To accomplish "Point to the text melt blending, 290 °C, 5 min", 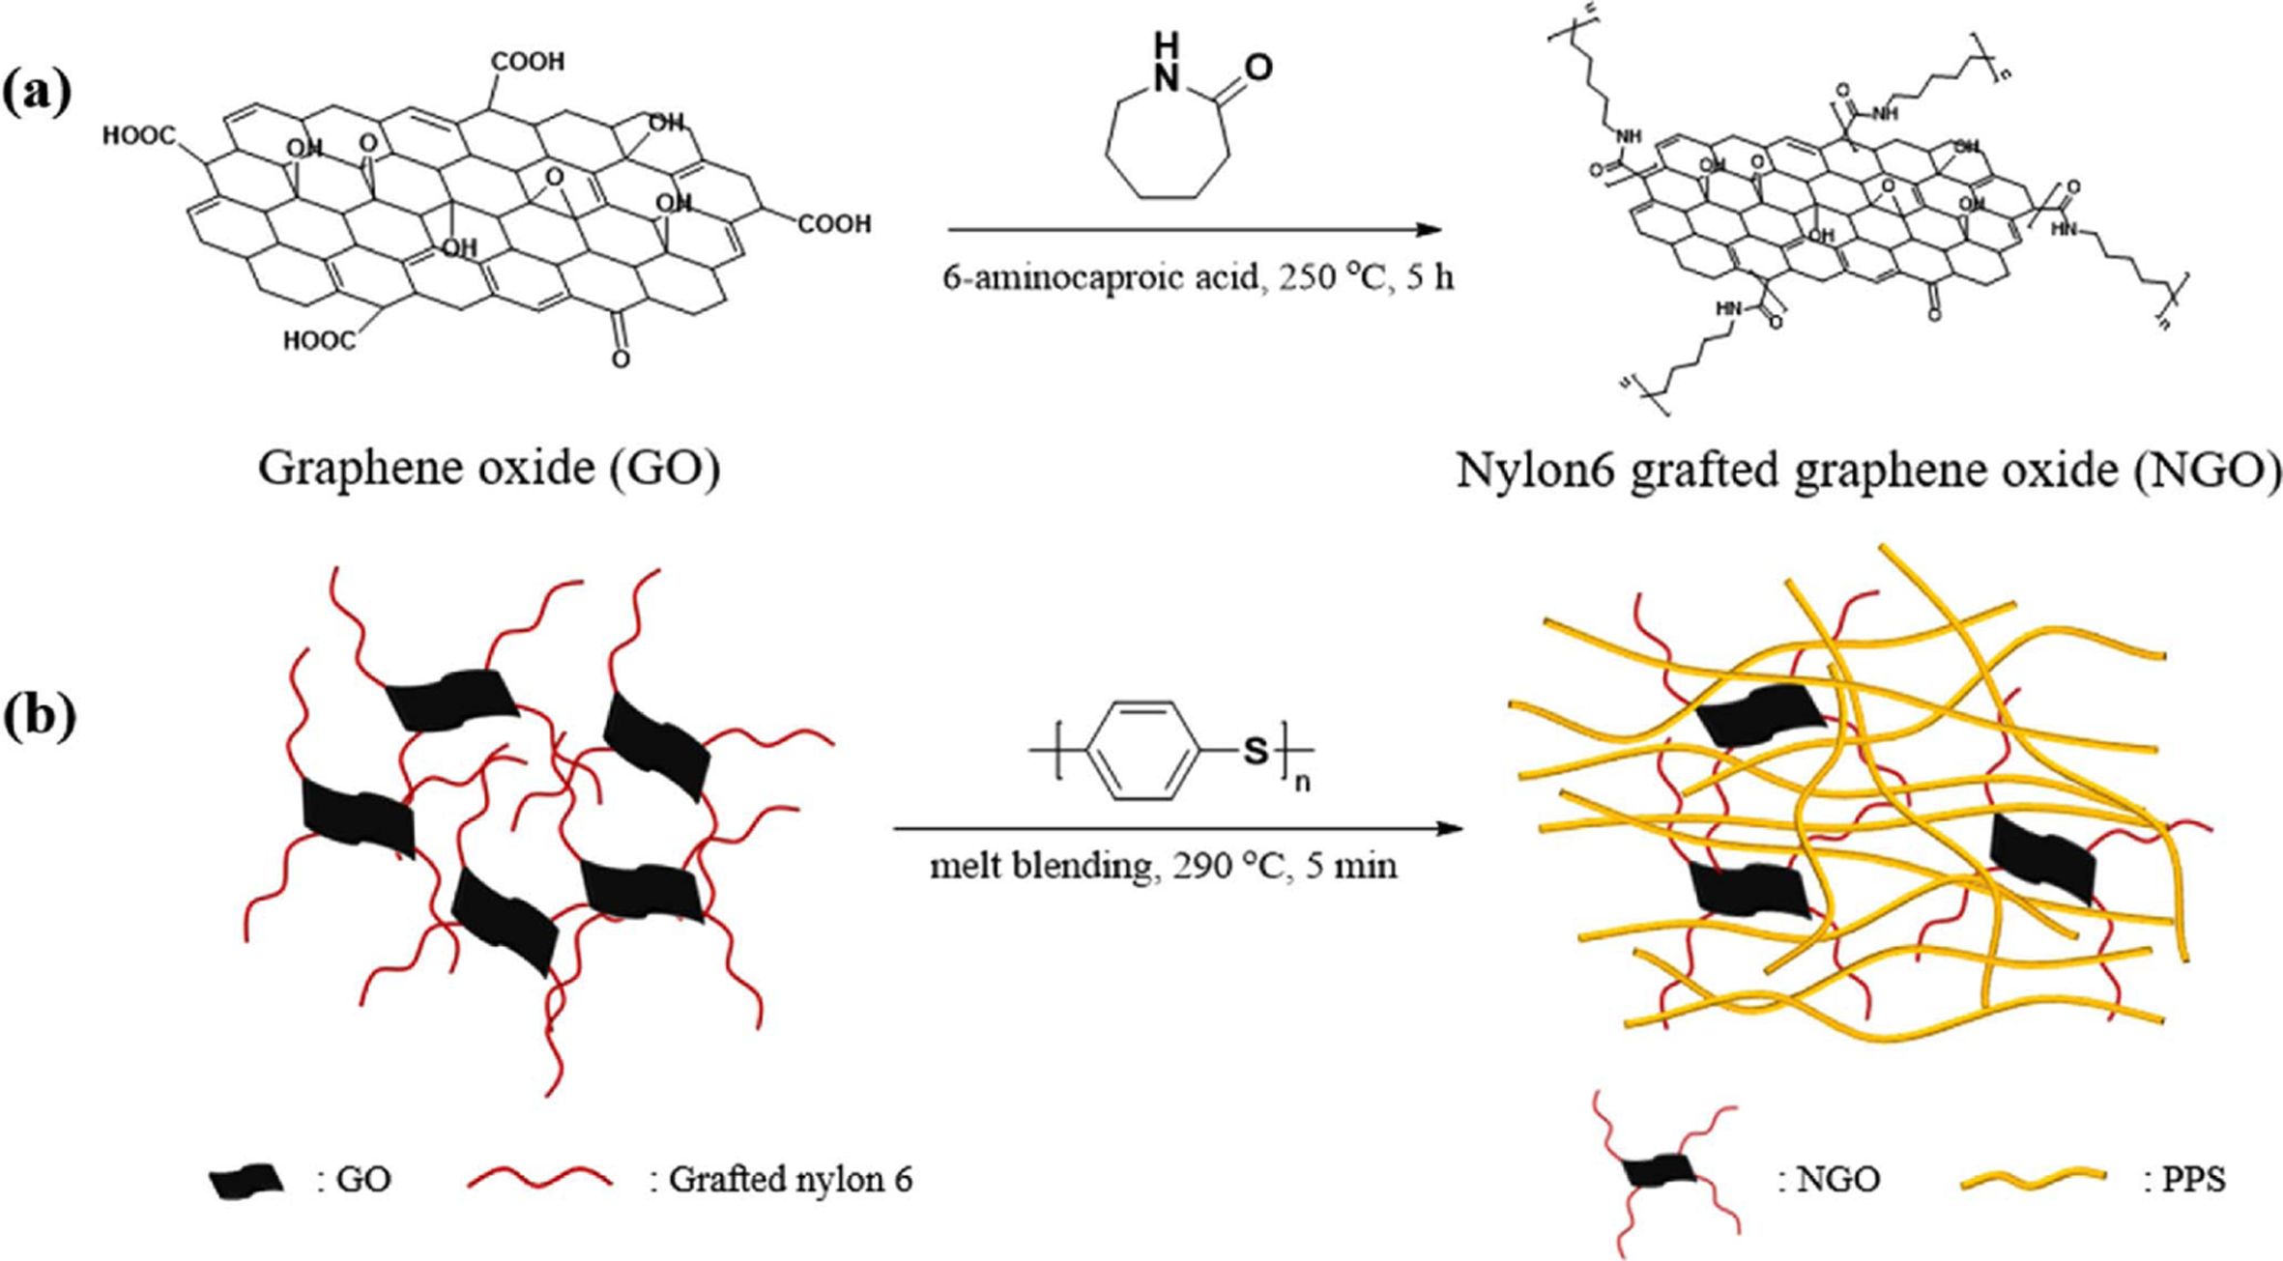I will point(1164,866).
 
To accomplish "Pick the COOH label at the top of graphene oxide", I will point(528,62).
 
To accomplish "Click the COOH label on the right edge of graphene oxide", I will point(833,224).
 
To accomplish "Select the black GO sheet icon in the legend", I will point(246,1181).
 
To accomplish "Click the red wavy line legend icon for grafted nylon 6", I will point(539,1180).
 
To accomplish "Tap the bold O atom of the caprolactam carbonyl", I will point(1257,68).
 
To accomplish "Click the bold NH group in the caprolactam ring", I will point(1168,63).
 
